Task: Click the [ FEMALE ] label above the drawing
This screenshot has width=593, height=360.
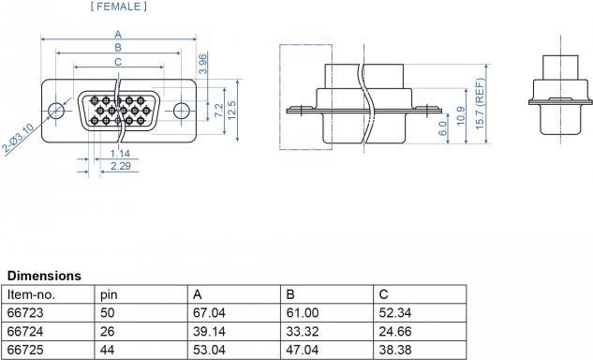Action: (119, 7)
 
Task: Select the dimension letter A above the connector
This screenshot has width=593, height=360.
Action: (118, 35)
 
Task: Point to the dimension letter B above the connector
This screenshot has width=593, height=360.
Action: (118, 48)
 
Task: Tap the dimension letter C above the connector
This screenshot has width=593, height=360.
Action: (118, 62)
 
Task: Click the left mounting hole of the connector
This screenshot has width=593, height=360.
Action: (56, 111)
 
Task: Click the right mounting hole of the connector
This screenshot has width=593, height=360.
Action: (182, 111)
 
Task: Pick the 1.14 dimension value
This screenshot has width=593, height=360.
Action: (120, 154)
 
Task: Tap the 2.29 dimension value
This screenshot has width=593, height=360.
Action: (121, 166)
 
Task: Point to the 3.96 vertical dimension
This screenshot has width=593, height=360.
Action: (203, 64)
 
